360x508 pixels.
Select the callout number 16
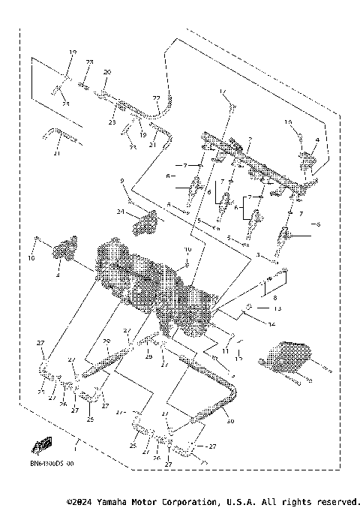(287, 121)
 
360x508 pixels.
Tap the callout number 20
(106, 72)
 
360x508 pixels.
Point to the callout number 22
(157, 98)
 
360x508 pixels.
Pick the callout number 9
(120, 181)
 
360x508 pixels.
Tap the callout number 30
(229, 422)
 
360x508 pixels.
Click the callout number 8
(263, 298)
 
